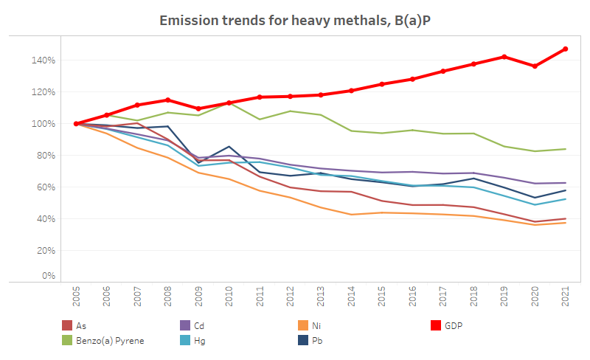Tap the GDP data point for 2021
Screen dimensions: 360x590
[x=566, y=49]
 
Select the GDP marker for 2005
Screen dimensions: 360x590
[x=77, y=124]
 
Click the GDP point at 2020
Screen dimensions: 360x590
[x=535, y=66]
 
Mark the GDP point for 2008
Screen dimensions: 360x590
[x=168, y=100]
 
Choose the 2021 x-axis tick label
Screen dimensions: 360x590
[x=566, y=298]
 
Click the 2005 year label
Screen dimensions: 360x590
[x=77, y=298]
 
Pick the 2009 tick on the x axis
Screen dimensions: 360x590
[x=198, y=298]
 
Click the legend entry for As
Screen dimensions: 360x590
[x=81, y=325]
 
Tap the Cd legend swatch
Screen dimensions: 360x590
[x=185, y=325]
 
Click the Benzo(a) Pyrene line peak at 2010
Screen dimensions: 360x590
[x=229, y=103]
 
